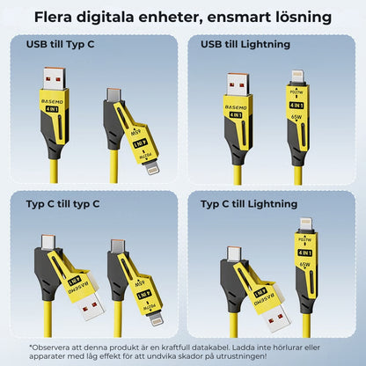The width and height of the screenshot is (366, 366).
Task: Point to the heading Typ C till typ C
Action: [x=62, y=204]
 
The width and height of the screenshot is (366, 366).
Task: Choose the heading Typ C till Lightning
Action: [x=250, y=204]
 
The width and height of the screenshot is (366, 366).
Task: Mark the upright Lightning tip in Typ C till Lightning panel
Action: [x=306, y=227]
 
